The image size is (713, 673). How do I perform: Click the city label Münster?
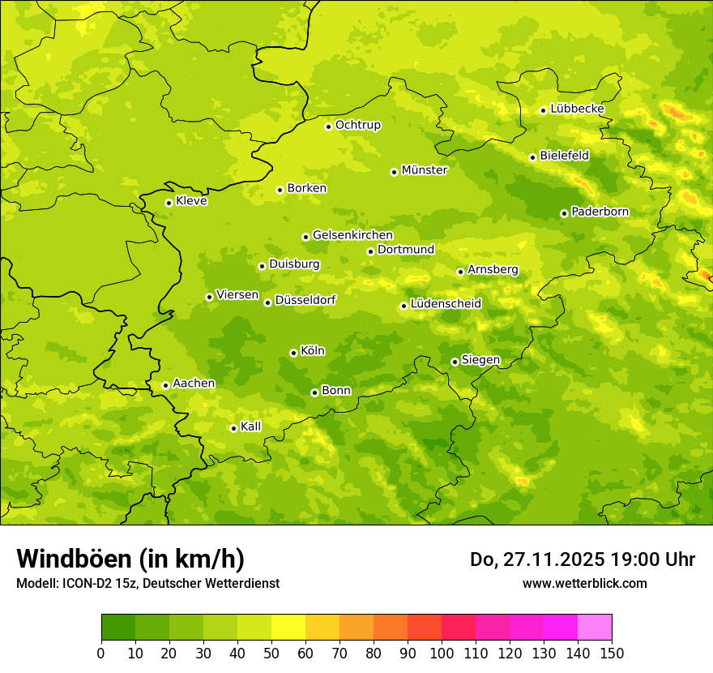coord(425,170)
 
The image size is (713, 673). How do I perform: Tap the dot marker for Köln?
coord(293,353)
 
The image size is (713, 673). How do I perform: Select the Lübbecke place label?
coord(577,109)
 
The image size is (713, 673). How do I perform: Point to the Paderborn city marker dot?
coord(564,213)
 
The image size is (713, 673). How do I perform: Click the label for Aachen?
coord(194,384)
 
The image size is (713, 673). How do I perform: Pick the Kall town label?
coord(251,427)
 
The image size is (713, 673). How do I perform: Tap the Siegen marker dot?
coord(455,362)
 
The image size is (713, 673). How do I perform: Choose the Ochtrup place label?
coord(358,125)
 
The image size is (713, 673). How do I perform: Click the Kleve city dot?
coord(169,203)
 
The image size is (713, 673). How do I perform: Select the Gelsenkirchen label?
coord(352,235)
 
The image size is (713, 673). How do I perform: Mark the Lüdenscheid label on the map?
coord(446,304)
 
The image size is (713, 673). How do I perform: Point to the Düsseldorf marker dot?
coord(267,302)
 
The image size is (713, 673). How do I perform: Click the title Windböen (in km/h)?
coord(130,559)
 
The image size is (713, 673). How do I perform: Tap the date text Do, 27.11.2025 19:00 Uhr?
coord(583,559)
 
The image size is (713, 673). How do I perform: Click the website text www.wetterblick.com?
coord(584,583)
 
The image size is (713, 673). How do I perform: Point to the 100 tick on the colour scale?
coord(442,653)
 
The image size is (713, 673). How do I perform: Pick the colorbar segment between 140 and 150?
coord(595,628)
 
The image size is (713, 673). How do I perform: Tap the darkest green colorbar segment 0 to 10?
coord(118,628)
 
